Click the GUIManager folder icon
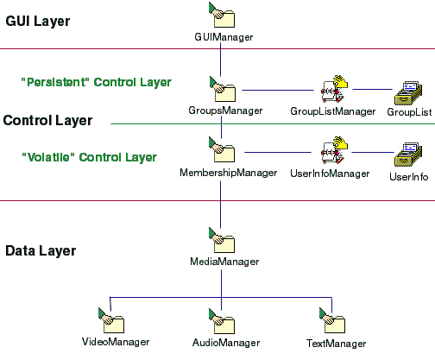[222, 15]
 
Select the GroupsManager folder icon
[223, 89]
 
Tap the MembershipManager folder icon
[222, 149]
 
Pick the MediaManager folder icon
[222, 240]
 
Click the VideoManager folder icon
[111, 320]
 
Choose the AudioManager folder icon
[222, 321]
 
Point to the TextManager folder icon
[332, 320]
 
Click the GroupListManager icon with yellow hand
[334, 89]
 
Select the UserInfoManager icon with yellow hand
[334, 150]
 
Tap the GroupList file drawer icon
[408, 93]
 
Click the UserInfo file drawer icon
[408, 155]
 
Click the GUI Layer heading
[38, 22]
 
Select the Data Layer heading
[41, 250]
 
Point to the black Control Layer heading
[47, 121]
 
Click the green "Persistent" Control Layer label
[97, 82]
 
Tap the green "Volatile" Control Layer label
[90, 157]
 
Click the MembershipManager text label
[229, 173]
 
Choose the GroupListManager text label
[333, 111]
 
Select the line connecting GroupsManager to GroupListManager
[278, 90]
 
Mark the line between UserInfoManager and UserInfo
[373, 152]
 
